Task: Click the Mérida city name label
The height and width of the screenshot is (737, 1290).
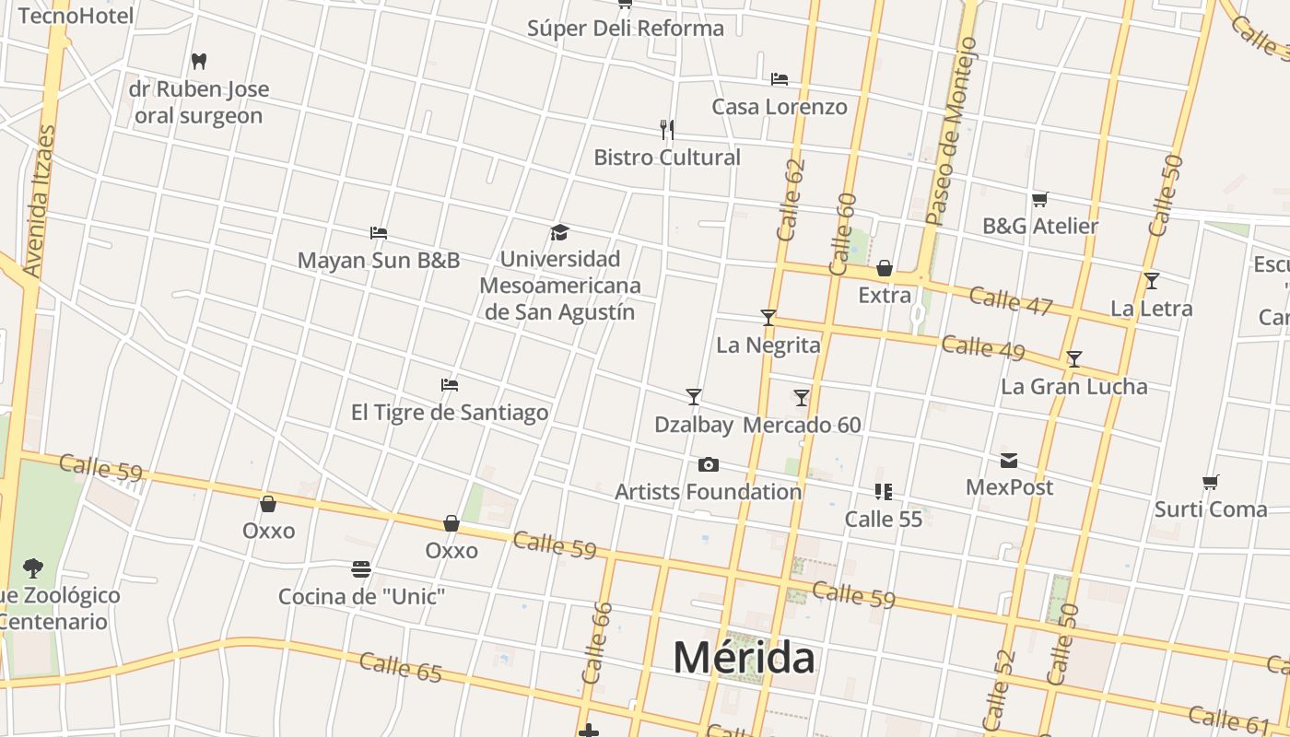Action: point(744,658)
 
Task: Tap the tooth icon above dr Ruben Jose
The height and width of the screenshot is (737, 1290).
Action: point(198,62)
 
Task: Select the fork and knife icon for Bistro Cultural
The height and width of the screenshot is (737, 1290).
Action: point(667,129)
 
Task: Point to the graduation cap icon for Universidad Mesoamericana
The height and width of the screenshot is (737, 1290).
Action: point(559,232)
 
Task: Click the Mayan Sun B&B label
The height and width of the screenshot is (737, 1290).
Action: point(378,260)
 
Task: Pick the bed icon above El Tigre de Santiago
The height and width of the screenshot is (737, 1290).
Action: point(450,384)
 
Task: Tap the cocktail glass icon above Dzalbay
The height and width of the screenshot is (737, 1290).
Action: point(694,397)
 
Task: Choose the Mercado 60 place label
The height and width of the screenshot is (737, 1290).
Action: point(802,425)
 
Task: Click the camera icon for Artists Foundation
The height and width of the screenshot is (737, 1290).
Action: point(708,464)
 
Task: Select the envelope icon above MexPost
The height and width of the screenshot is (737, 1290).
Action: point(1009,460)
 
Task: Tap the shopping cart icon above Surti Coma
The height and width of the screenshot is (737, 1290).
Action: point(1211,482)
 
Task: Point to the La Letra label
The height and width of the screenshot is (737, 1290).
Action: point(1152,309)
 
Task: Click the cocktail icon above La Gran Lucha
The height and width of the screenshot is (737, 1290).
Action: point(1073,358)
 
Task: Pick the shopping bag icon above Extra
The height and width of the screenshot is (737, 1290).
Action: point(885,268)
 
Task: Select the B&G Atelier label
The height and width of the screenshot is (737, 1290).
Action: point(1040,226)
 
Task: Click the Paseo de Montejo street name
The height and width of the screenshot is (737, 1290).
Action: point(951,132)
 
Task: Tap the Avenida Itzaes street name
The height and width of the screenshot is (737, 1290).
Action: point(38,201)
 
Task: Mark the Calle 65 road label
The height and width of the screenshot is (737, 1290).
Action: point(401,667)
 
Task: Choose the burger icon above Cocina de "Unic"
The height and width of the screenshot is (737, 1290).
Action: point(361,569)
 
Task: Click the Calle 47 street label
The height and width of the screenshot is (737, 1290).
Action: point(1010,300)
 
